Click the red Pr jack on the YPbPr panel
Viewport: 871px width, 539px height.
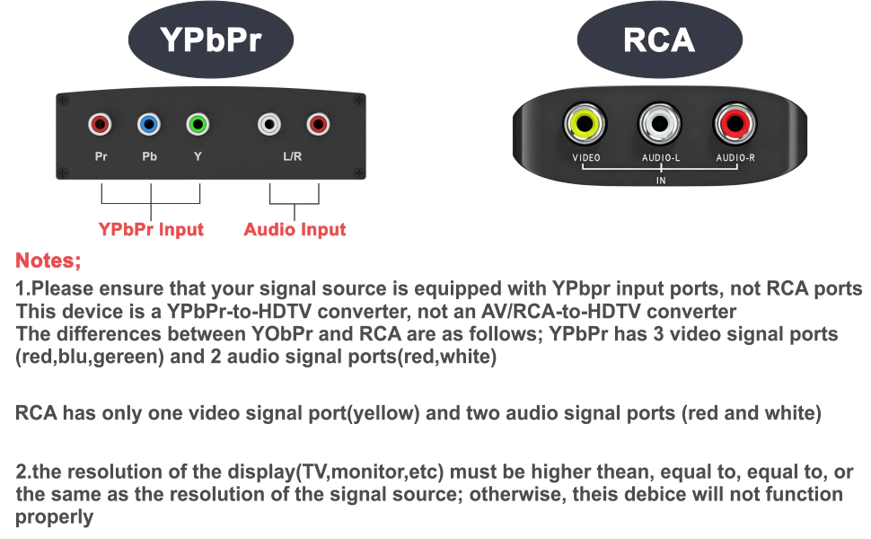100,124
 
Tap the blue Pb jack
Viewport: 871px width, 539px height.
149,124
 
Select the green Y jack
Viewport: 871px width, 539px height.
198,124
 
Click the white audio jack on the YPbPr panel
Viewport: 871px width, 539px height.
269,124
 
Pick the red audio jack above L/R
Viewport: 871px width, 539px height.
318,124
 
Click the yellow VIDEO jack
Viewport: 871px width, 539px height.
585,123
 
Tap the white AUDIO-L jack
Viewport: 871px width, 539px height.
660,123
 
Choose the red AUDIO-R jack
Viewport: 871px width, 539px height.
735,123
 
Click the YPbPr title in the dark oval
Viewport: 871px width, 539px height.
210,40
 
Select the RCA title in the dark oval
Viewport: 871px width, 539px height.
659,40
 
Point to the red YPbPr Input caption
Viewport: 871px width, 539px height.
151,229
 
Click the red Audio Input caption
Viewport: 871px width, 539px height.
295,229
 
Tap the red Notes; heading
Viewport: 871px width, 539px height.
48,260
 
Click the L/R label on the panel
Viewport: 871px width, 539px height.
292,156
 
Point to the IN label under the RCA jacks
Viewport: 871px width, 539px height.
661,181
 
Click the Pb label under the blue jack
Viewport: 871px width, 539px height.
149,156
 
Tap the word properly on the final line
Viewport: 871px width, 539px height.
55,517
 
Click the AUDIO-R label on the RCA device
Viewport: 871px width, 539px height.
735,158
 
